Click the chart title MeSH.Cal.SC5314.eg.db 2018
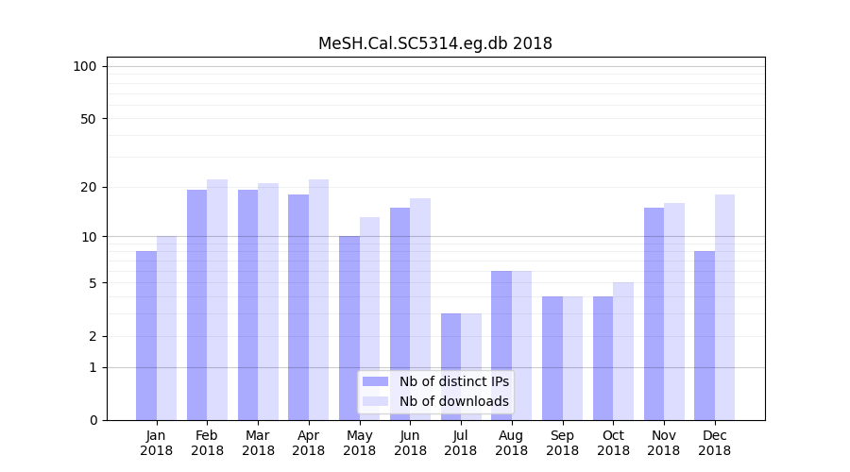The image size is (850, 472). coord(434,43)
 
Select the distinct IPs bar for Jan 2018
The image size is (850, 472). coord(146,335)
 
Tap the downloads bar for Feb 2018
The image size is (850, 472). coord(217,299)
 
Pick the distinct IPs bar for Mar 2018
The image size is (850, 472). coord(247,305)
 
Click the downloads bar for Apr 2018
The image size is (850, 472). coord(318,299)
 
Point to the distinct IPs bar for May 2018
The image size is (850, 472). coord(349,328)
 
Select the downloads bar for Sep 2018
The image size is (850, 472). coord(572,358)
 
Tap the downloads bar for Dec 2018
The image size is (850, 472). coord(724,307)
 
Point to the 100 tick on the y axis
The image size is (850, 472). coord(85,66)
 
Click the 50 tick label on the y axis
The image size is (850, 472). coord(88,119)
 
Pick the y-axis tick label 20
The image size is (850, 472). coord(88,187)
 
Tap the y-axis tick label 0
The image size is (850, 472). coord(93,420)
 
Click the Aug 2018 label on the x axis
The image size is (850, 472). coord(511,443)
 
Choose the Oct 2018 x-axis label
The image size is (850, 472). coord(613,443)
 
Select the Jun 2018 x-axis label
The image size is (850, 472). coord(410,443)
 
